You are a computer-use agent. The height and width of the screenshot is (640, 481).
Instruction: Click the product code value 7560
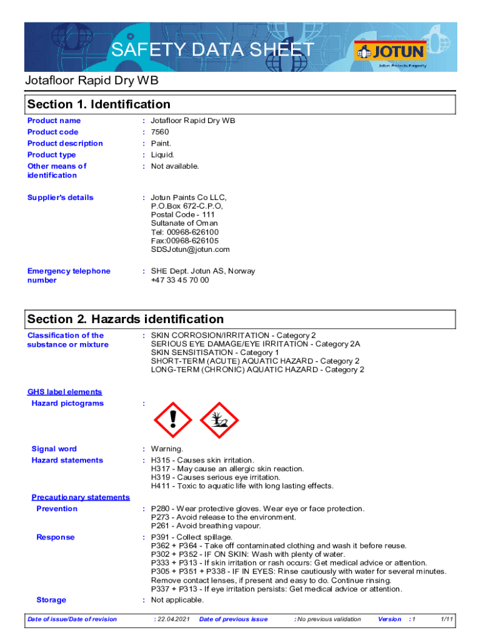pyautogui.click(x=160, y=132)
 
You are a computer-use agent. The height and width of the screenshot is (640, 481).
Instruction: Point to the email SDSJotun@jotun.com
pyautogui.click(x=191, y=249)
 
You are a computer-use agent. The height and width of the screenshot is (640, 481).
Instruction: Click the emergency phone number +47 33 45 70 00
pyautogui.click(x=180, y=280)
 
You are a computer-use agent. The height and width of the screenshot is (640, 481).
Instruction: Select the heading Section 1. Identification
pyautogui.click(x=99, y=104)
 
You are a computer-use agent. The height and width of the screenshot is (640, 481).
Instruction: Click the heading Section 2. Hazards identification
pyautogui.click(x=125, y=319)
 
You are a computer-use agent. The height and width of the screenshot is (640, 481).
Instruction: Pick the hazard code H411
pyautogui.click(x=161, y=486)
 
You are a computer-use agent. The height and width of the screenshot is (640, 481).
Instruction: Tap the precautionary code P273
pyautogui.click(x=161, y=517)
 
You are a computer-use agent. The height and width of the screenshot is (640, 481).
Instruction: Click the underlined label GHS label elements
pyautogui.click(x=64, y=392)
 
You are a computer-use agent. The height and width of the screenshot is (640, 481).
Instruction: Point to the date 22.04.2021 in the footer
pyautogui.click(x=171, y=619)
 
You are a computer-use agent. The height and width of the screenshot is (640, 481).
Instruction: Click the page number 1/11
pyautogui.click(x=447, y=619)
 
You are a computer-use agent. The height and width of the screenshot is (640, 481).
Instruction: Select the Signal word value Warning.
pyautogui.click(x=167, y=449)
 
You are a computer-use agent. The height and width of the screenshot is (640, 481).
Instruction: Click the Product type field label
pyautogui.click(x=52, y=155)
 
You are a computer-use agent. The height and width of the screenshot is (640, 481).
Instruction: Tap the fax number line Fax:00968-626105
pyautogui.click(x=185, y=241)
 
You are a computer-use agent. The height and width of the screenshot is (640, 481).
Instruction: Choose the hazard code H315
pyautogui.click(x=161, y=460)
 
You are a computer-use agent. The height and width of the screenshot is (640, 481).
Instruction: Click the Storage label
pyautogui.click(x=51, y=600)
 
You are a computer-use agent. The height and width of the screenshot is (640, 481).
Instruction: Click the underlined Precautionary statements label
pyautogui.click(x=81, y=497)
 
